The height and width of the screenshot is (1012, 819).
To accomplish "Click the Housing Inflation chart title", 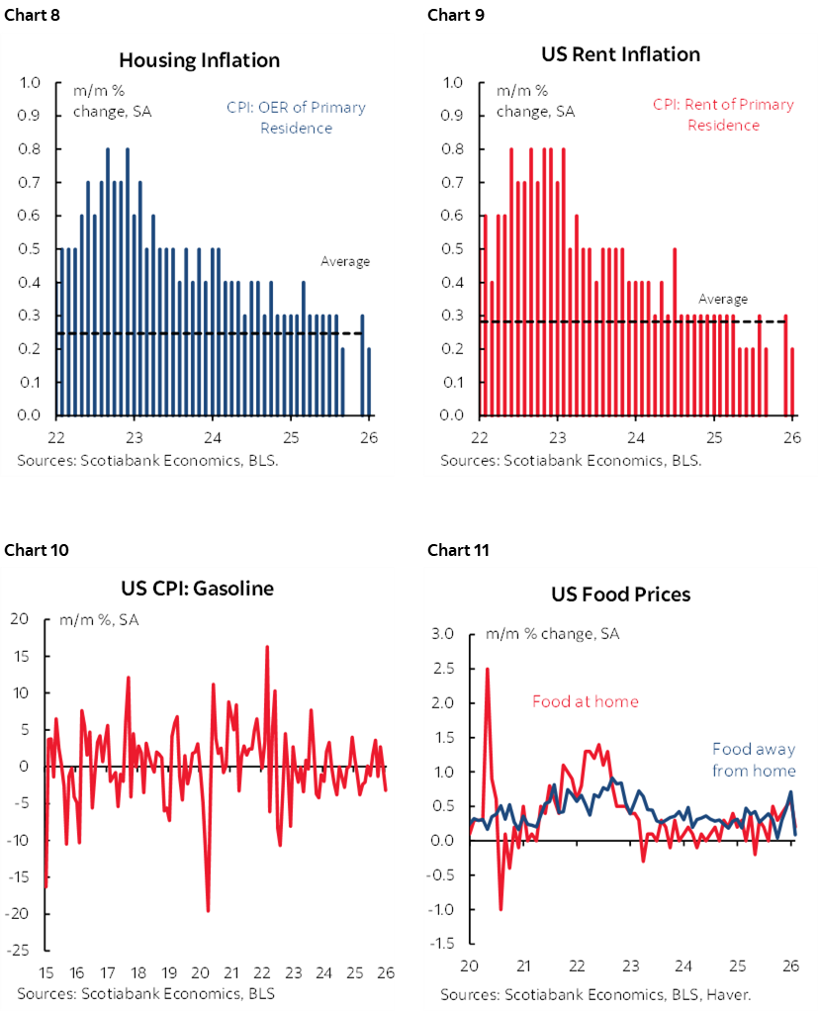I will pyautogui.click(x=199, y=60).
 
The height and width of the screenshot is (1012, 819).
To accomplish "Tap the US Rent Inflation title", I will pyautogui.click(x=621, y=53).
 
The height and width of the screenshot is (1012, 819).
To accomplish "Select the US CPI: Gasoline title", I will pyautogui.click(x=199, y=589).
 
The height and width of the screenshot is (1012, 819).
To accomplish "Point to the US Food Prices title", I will pyautogui.click(x=620, y=595).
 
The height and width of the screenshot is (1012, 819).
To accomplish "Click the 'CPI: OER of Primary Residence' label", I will pyautogui.click(x=296, y=117).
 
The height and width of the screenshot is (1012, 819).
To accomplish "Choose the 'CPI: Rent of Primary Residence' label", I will pyautogui.click(x=723, y=115).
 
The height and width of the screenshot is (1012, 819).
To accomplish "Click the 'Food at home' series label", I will pyautogui.click(x=585, y=701).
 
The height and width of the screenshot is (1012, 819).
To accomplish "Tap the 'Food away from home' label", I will pyautogui.click(x=753, y=759).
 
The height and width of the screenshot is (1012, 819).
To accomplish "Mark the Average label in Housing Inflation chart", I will pyautogui.click(x=344, y=261).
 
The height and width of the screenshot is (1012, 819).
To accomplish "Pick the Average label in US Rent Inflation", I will pyautogui.click(x=723, y=299).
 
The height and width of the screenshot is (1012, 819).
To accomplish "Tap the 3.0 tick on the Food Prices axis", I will pyautogui.click(x=443, y=634).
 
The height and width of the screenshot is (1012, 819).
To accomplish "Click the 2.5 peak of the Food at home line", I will pyautogui.click(x=487, y=670).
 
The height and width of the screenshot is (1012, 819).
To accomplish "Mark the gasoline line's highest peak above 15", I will pyautogui.click(x=267, y=647).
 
